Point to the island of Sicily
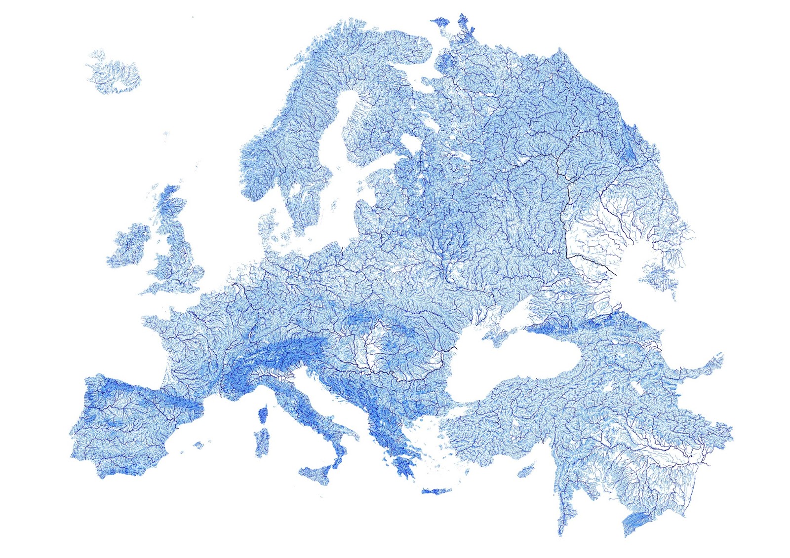316,474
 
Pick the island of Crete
436,491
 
